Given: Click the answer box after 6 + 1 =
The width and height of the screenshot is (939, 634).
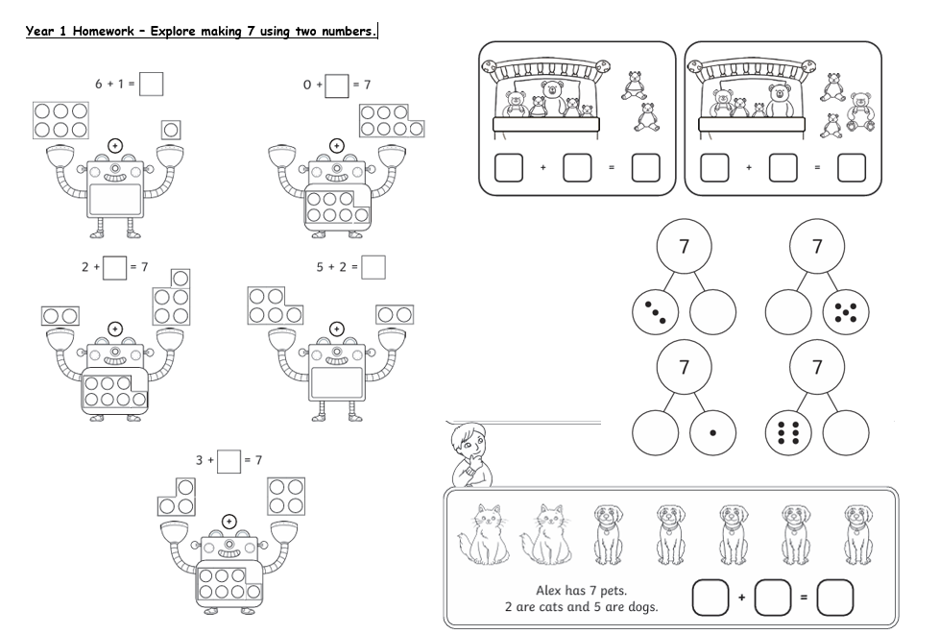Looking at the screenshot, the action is (x=151, y=84).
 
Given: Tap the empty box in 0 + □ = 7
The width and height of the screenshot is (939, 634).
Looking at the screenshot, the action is (x=337, y=85).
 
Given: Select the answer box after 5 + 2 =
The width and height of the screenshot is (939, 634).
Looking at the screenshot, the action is (x=373, y=267).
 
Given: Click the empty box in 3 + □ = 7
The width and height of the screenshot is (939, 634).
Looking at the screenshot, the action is (x=229, y=461).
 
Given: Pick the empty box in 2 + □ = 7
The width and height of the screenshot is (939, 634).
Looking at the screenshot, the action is (x=114, y=268).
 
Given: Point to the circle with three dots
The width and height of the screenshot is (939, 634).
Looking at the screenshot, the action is (x=655, y=312).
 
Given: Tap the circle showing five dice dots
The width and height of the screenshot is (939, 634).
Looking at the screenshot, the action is (x=846, y=312).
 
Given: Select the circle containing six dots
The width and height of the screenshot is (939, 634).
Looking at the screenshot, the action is (x=788, y=432).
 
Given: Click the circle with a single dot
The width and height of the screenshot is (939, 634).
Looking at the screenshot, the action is (x=712, y=432).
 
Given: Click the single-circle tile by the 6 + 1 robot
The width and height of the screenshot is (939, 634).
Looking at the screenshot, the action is (x=171, y=130).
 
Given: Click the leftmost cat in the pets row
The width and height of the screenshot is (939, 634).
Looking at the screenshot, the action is (x=484, y=534).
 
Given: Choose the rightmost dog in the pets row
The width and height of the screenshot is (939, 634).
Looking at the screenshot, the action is (x=858, y=534).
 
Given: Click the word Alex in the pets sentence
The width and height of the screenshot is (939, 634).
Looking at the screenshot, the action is (x=548, y=590).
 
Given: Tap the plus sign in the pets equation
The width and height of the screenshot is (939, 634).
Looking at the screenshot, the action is (x=741, y=597).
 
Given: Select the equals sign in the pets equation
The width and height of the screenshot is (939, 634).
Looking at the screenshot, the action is (x=804, y=597).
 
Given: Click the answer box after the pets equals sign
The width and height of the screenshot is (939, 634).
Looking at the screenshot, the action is (x=834, y=597).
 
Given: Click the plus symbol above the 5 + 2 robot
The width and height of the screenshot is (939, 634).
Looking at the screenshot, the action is (x=337, y=329).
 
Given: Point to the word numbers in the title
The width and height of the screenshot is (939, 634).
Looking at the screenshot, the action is (x=349, y=31).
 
